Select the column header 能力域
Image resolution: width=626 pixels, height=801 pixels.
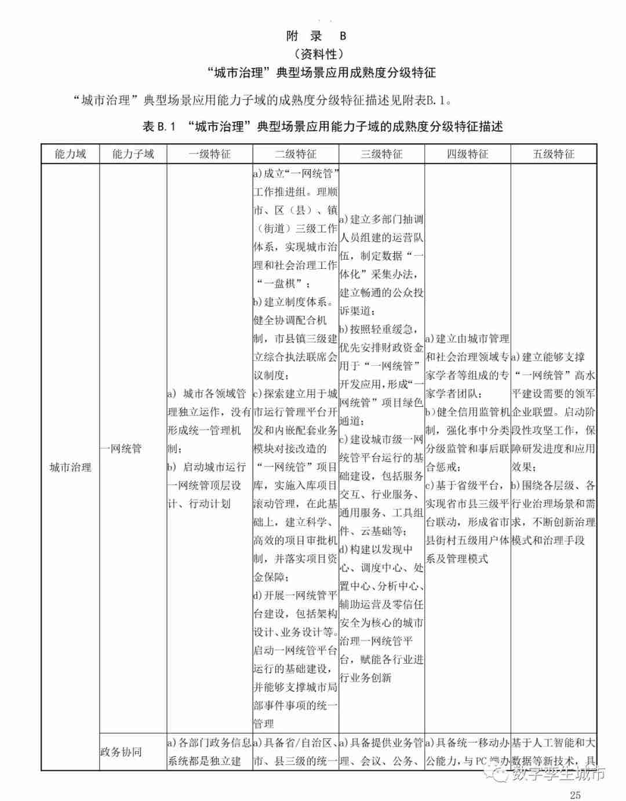coord(70,154)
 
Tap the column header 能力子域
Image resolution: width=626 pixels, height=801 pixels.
coord(133,154)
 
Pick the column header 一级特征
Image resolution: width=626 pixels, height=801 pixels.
coord(210,154)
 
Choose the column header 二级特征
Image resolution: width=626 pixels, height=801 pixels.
coord(296,154)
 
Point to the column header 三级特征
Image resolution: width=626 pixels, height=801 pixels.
coord(381,154)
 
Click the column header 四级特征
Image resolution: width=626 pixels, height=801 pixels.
coord(467,154)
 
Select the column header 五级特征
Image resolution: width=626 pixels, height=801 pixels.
coord(554,154)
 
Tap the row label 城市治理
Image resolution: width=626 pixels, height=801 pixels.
coord(70,467)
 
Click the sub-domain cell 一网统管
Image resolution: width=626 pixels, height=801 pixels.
coord(121,449)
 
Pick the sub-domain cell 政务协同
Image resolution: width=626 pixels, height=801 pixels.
coord(121,752)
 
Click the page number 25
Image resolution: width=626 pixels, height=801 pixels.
coord(575,794)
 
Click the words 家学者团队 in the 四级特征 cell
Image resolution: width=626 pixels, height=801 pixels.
coord(453,394)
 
